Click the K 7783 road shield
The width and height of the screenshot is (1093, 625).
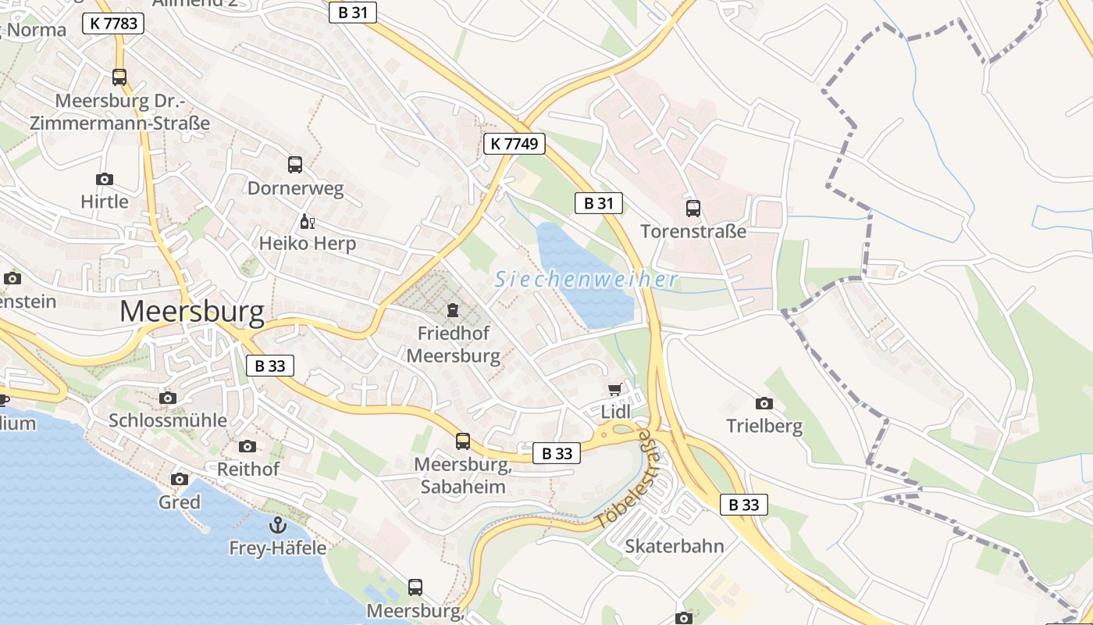[113, 23]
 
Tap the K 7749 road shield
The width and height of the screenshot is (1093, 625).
[514, 144]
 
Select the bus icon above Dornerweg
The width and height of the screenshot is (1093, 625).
[295, 165]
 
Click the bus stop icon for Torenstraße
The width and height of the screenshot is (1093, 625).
[693, 208]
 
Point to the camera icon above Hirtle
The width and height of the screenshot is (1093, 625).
[104, 179]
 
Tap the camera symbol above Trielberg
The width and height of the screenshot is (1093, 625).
[764, 403]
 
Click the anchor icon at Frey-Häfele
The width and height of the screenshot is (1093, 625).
[277, 525]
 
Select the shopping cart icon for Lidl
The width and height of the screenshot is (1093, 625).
[615, 389]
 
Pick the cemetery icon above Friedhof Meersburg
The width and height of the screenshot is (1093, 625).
[452, 311]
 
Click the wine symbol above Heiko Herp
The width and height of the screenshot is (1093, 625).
[307, 221]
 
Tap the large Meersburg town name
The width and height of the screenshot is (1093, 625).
[192, 311]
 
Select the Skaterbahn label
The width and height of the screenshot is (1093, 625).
[675, 546]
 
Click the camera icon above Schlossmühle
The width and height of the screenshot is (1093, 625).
[168, 398]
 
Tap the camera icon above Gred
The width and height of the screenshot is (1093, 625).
[180, 479]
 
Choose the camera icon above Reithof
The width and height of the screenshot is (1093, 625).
[247, 446]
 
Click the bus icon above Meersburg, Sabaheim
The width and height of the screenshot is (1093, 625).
[463, 441]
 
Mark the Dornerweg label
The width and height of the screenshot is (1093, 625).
[295, 188]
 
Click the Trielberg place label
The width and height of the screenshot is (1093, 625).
[764, 427]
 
